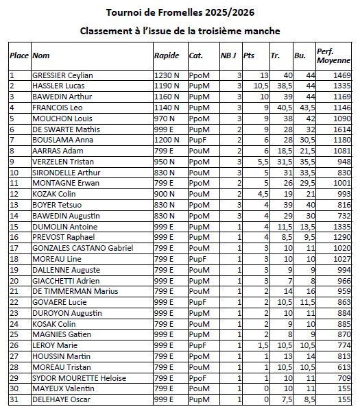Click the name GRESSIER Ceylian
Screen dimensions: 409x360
pos(63,75)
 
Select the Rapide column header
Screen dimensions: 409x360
pos(167,55)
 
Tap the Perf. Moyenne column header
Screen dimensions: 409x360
pos(330,55)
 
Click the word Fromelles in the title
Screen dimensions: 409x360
pos(173,12)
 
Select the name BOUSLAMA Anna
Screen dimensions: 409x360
pos(60,140)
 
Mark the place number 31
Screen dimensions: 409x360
pos(14,399)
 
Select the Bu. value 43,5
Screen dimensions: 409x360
pos(307,108)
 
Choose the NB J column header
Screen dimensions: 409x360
pos(230,55)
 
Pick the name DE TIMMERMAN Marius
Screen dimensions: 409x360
pos(72,291)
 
